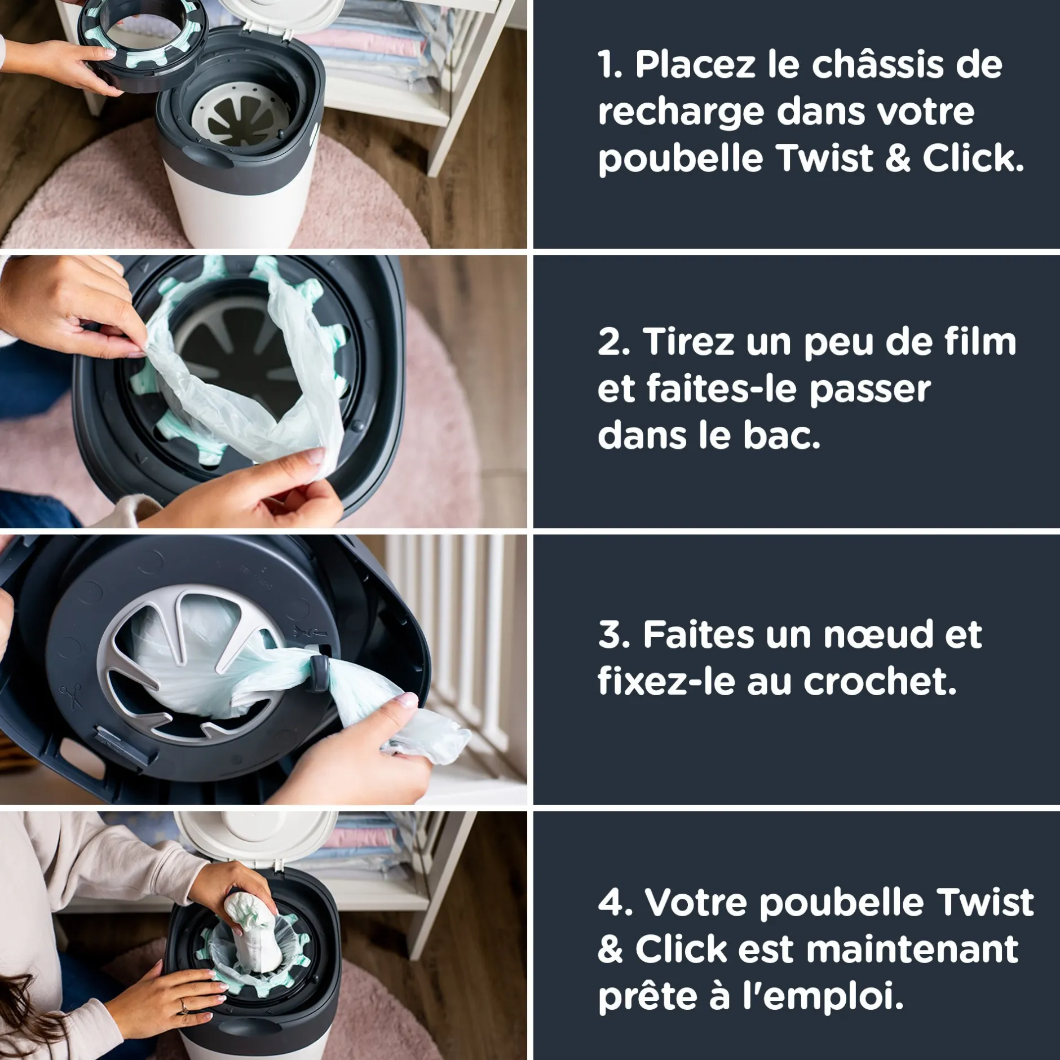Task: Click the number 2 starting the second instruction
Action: click(x=612, y=342)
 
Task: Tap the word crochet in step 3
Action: click(x=880, y=681)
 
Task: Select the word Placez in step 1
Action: click(x=695, y=65)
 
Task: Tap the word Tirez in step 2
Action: click(x=689, y=341)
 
